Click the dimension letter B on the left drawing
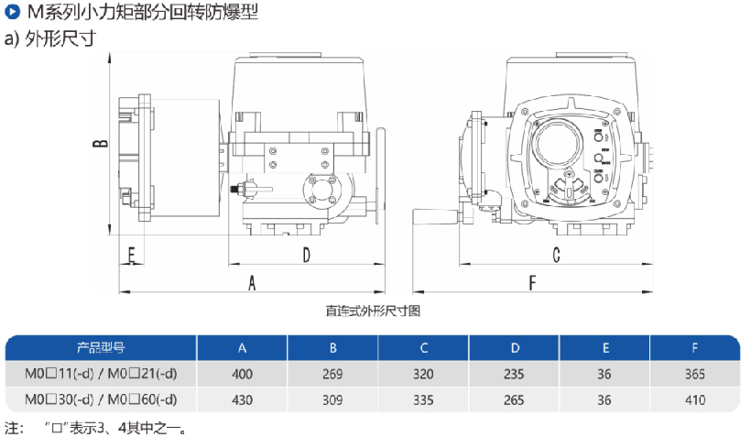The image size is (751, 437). coord(103,143)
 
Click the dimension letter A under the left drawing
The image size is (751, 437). coord(252,284)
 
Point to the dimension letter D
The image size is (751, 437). coord(306,253)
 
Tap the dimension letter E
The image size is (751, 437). coord(131,253)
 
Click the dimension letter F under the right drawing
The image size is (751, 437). coord(532,284)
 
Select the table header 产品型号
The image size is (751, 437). coord(101,348)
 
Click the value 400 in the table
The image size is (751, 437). coord(242,374)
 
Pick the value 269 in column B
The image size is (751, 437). coord(333,374)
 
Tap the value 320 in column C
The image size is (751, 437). coord(424,374)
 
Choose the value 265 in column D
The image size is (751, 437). coord(515,399)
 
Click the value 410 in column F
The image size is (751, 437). coord(695,399)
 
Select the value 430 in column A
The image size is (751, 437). coord(242,399)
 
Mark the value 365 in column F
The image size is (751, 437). coord(695,374)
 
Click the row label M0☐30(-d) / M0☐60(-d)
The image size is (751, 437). coord(101,399)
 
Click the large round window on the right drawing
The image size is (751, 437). coord(559,143)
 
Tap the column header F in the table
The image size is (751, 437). coord(695,348)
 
